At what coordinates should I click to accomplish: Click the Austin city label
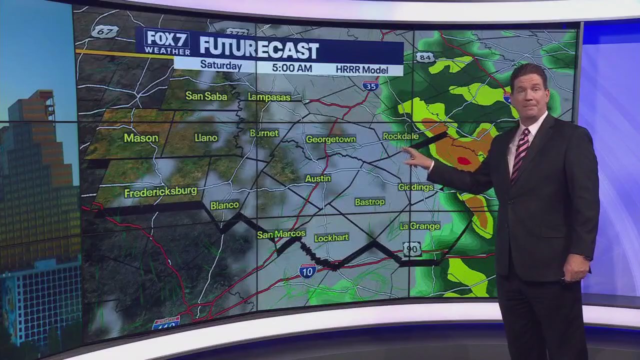coord(318,178)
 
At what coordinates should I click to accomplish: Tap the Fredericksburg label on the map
coord(160,192)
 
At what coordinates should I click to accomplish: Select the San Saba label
coord(206,95)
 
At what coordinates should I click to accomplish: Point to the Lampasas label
coord(269,97)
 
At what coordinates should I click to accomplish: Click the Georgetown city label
coord(330,139)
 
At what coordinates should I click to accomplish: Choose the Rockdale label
coord(400,136)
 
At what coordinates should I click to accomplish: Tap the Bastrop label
coord(369,202)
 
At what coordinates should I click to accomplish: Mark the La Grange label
coord(419,226)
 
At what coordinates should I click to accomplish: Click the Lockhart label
coord(331,237)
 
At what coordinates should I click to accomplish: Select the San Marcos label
coord(281,234)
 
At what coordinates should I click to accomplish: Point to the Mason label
coord(141,138)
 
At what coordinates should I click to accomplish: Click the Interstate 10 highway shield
coord(307,270)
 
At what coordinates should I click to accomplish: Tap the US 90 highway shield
coord(412,249)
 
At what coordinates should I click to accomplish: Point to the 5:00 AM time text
coord(292,68)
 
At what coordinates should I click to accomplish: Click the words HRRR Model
coord(362,69)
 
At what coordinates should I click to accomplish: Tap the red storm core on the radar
coord(464,161)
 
